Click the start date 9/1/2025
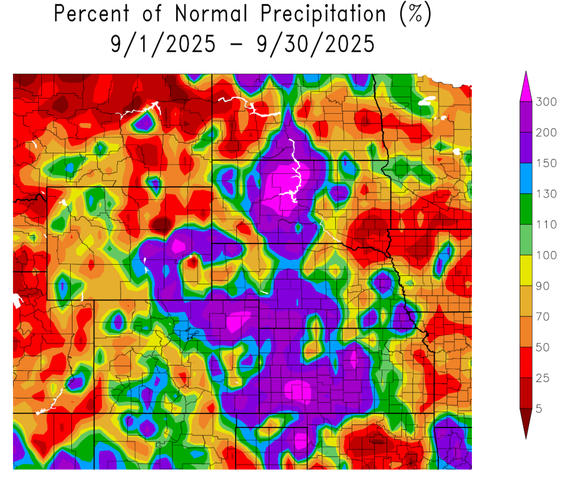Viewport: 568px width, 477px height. [x=163, y=44]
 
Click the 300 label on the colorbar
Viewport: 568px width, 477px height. [x=546, y=102]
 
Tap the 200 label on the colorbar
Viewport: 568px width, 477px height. [x=546, y=133]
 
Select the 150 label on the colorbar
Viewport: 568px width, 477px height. [x=546, y=163]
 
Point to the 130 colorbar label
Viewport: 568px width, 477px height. [x=546, y=194]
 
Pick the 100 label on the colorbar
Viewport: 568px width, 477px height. [x=546, y=255]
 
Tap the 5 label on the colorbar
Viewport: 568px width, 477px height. [x=539, y=409]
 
